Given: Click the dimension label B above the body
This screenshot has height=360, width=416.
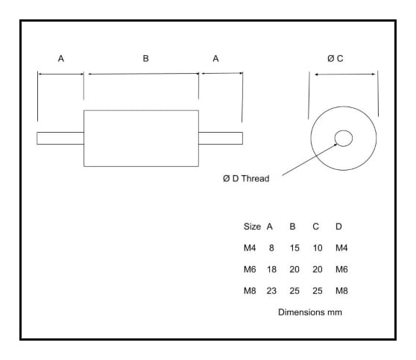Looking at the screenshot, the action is (x=145, y=58).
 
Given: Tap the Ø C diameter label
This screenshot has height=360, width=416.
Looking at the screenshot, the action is (x=335, y=58).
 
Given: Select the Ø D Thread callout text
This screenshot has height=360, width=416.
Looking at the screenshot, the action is (x=246, y=179).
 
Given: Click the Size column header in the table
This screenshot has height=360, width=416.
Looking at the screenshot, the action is (x=252, y=227).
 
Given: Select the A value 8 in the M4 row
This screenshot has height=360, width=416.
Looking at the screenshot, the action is (x=271, y=247).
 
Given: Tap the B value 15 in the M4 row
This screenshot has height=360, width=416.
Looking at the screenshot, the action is (x=294, y=247).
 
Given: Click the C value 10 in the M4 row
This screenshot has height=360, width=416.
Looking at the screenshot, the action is (x=318, y=247).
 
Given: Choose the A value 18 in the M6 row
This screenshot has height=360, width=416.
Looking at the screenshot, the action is (x=271, y=269).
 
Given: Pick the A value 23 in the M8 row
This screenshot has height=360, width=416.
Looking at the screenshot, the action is (x=271, y=291).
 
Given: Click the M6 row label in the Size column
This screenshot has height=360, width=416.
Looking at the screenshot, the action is (x=250, y=269).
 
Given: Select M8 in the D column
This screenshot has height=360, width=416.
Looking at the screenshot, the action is (x=341, y=291).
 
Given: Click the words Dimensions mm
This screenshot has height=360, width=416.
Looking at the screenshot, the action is (x=310, y=312).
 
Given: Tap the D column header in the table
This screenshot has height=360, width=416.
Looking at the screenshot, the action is (x=338, y=227).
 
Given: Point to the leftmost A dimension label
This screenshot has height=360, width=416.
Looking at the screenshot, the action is (x=61, y=58).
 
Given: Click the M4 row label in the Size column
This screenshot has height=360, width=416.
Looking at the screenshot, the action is (x=250, y=247).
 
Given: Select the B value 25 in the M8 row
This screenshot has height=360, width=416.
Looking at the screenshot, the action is (x=294, y=291).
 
